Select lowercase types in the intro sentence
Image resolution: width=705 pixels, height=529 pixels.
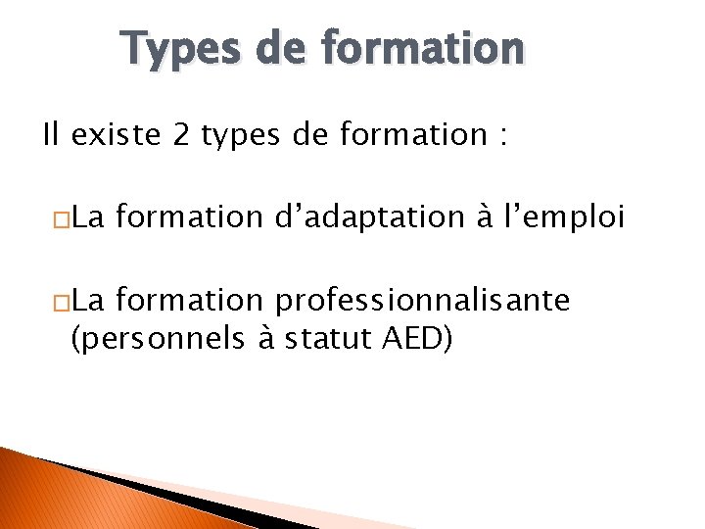240,135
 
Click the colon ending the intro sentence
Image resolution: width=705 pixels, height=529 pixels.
502,137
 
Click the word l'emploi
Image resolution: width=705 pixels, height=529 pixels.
568,216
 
